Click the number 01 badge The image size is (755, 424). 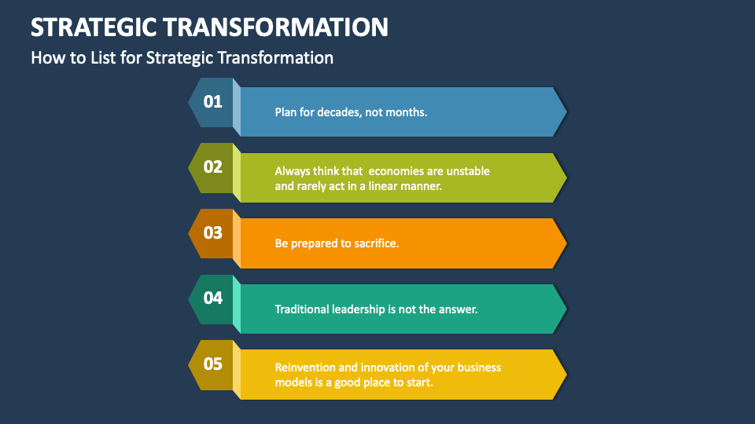pyautogui.click(x=212, y=101)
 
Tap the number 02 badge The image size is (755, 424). pyautogui.click(x=212, y=166)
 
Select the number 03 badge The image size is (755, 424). pyautogui.click(x=212, y=232)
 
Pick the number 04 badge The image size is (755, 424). pyautogui.click(x=212, y=298)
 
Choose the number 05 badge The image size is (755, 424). pyautogui.click(x=212, y=364)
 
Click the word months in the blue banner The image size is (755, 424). pyautogui.click(x=407, y=112)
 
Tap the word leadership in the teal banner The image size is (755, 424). pyautogui.click(x=359, y=309)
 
